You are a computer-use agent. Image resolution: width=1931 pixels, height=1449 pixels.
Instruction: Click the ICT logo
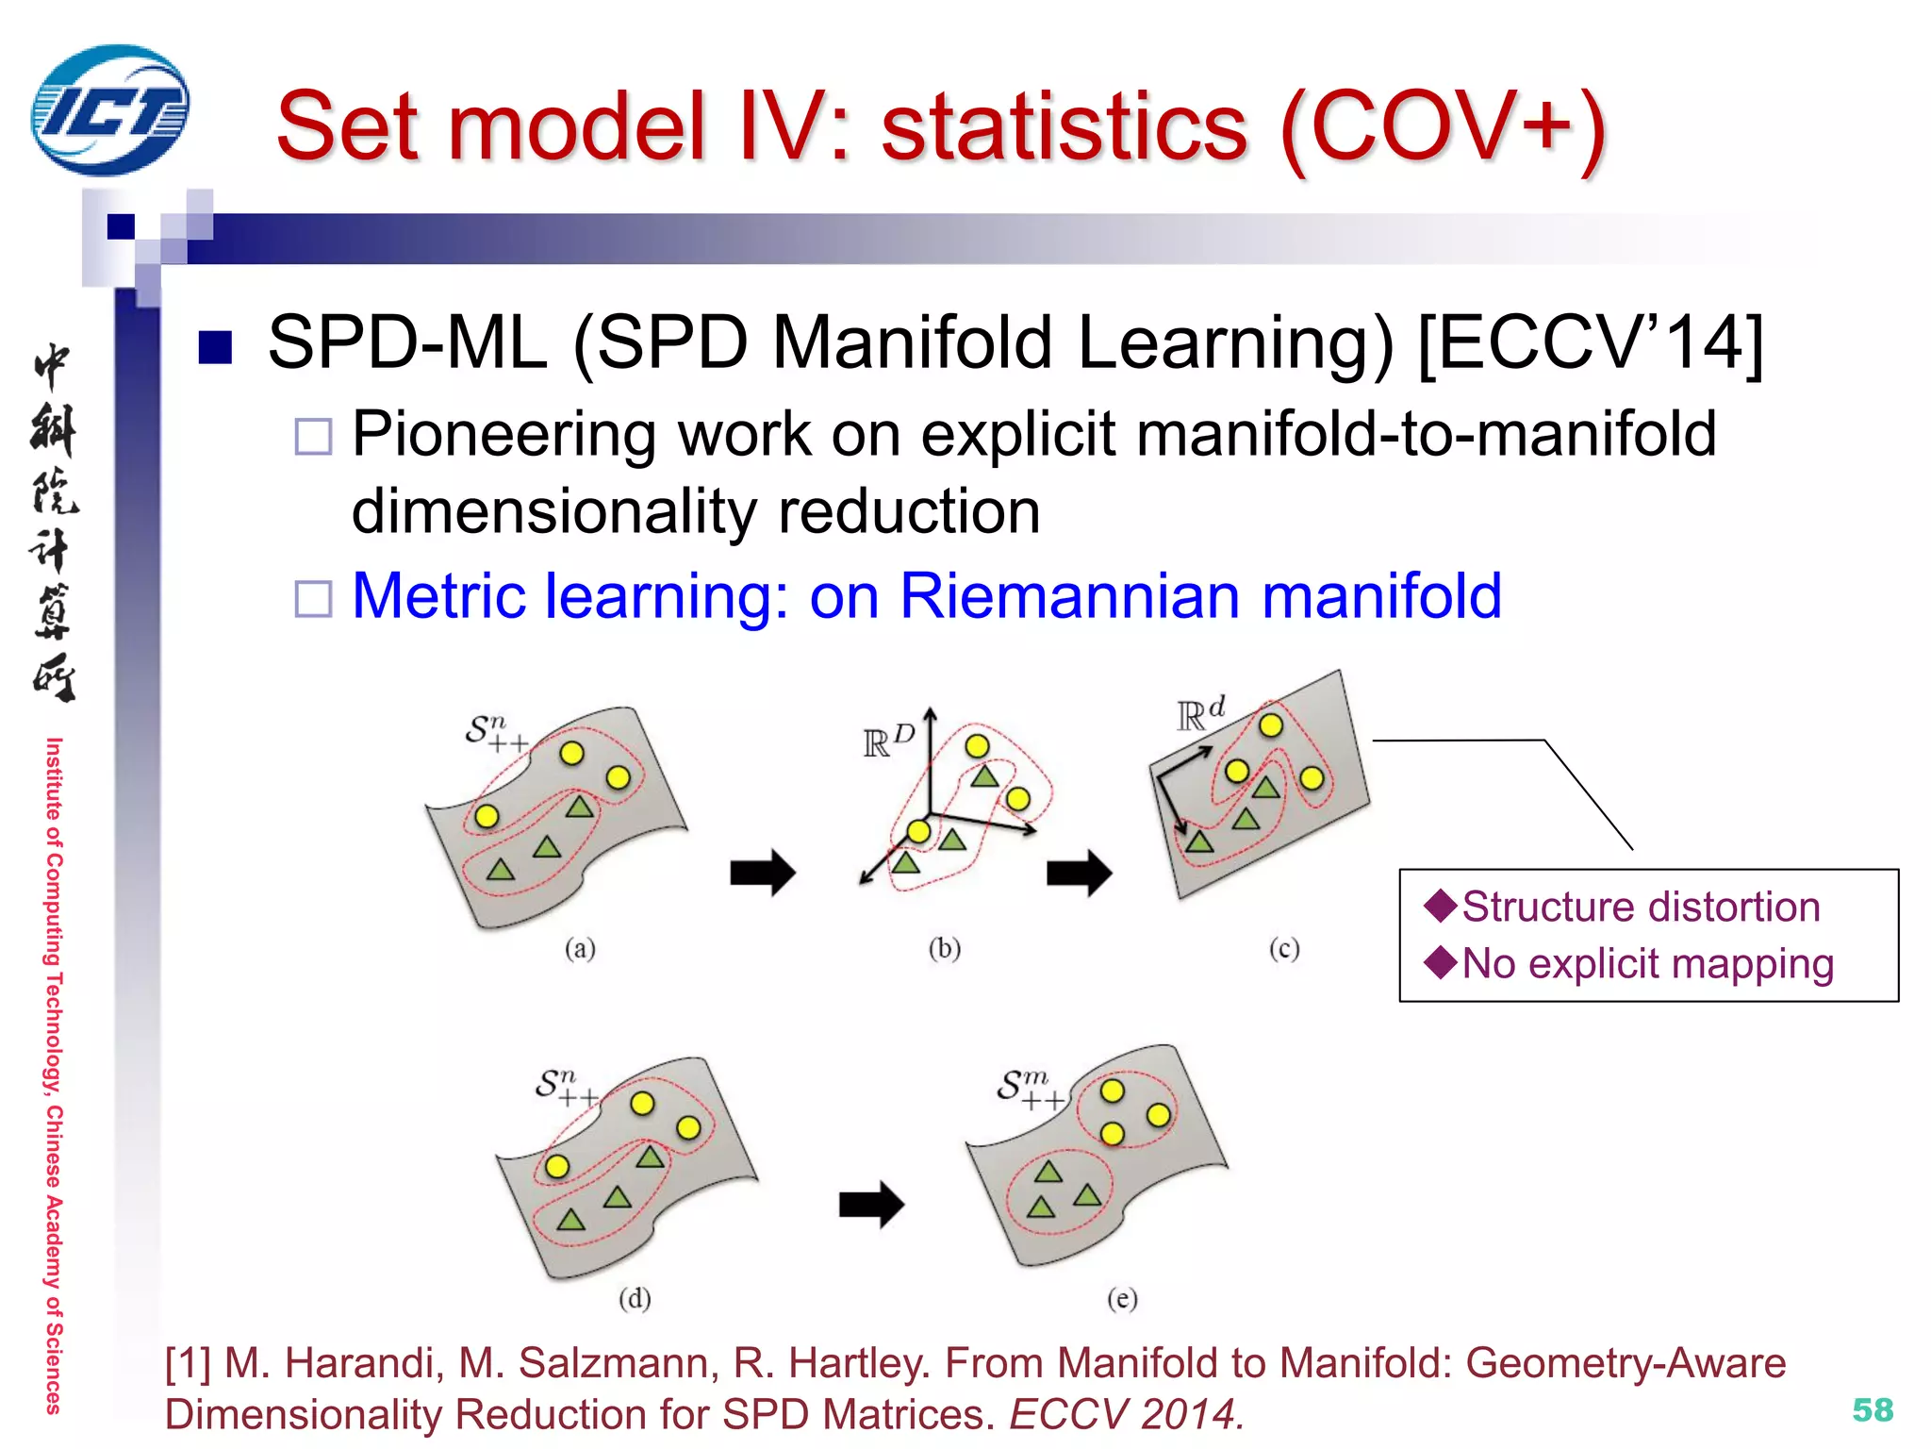[x=109, y=110]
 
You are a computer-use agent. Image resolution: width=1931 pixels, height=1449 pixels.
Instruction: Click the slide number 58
[x=1872, y=1409]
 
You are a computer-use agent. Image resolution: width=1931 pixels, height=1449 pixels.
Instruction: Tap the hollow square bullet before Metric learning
[x=313, y=598]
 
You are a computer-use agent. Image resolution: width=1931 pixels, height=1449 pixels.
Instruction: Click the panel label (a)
[x=580, y=948]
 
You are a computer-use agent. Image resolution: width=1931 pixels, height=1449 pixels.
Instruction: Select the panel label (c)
[x=1283, y=948]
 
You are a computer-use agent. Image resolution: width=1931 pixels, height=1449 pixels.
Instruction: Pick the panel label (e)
[x=1122, y=1299]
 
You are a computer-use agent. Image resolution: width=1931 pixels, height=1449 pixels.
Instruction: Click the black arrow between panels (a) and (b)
[x=762, y=872]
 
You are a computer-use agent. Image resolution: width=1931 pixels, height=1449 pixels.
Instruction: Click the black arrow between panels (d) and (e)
[x=871, y=1205]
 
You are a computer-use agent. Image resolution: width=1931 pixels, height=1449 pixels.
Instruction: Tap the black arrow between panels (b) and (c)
[x=1079, y=872]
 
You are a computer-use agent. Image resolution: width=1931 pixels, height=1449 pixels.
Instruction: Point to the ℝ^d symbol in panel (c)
[x=1200, y=714]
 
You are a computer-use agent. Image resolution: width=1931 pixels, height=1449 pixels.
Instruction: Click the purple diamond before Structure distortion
[x=1440, y=905]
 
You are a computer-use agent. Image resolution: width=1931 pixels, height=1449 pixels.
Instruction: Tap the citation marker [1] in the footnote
[x=188, y=1363]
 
